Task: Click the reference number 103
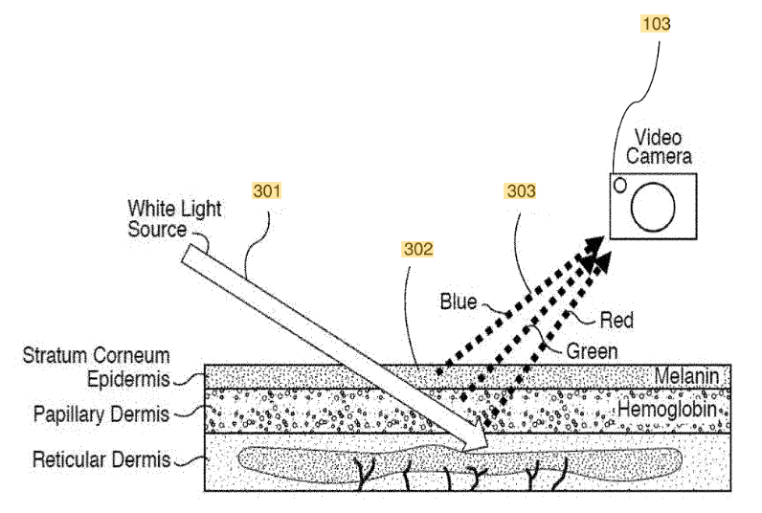(656, 23)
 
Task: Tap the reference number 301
(267, 190)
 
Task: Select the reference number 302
(418, 249)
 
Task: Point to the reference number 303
(521, 190)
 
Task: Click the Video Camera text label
(659, 146)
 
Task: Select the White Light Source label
(174, 218)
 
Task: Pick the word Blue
(459, 301)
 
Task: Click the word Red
(616, 320)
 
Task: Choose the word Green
(592, 350)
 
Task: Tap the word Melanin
(686, 375)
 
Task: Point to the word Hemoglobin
(667, 409)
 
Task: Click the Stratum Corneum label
(97, 355)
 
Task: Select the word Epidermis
(128, 379)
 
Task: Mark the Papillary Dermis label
(101, 414)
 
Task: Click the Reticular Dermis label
(101, 459)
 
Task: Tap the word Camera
(659, 156)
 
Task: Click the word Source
(157, 230)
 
